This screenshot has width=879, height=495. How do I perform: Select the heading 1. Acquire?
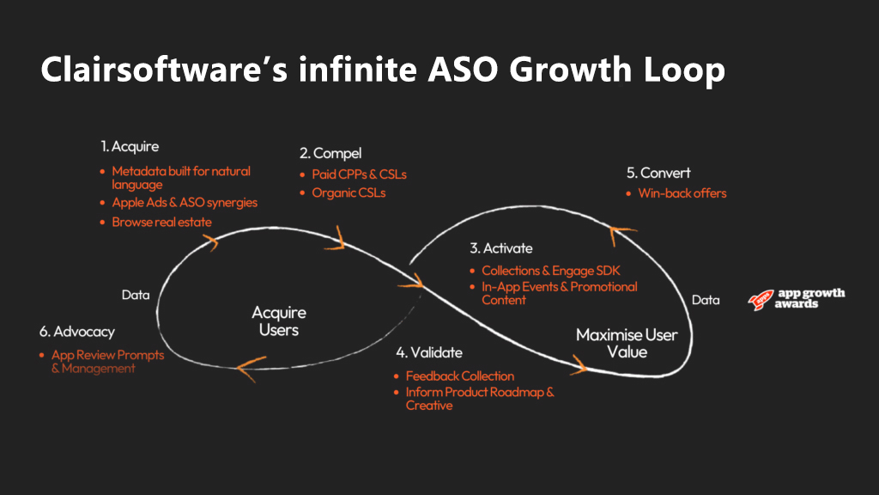click(130, 147)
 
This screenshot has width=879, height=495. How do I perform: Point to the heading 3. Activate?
click(501, 248)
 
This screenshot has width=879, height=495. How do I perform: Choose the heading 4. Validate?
click(429, 353)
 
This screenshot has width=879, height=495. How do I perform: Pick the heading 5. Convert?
click(659, 173)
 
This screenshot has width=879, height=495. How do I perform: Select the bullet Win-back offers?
click(682, 193)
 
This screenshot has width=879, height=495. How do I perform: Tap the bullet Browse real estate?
click(161, 222)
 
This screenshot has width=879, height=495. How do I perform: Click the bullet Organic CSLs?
click(349, 192)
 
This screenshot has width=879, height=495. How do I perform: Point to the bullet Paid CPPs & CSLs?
click(359, 174)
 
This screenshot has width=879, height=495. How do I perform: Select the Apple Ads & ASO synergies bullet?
click(185, 203)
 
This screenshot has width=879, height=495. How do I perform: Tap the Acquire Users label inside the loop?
click(279, 321)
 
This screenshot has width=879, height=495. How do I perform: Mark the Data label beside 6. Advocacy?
click(135, 295)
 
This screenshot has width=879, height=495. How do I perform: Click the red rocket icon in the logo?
click(759, 299)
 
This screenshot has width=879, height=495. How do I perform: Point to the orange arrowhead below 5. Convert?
click(624, 226)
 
